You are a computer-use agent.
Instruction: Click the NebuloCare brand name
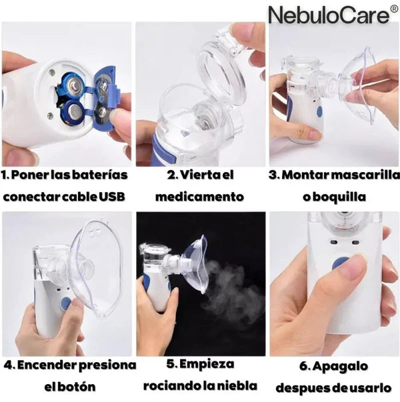tap(329, 15)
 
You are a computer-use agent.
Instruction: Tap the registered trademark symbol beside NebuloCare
tap(394, 9)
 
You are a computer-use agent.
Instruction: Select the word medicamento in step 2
tap(199, 197)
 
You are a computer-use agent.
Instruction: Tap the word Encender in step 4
tap(47, 365)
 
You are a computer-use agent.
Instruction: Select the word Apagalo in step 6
tap(340, 367)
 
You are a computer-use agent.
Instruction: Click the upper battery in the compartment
tap(74, 86)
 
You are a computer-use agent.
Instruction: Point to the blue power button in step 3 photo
tap(319, 111)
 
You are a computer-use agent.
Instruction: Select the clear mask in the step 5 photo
tap(196, 264)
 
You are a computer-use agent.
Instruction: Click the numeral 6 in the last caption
tap(303, 366)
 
